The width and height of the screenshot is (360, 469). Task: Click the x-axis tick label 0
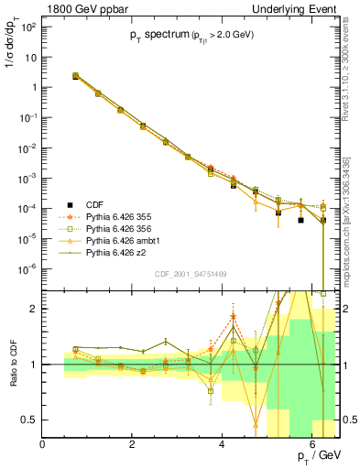coord(43,444)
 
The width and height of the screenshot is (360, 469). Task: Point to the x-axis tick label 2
coord(133,444)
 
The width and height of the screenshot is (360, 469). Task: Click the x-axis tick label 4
coord(223,444)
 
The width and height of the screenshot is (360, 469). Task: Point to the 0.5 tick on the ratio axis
coord(29,420)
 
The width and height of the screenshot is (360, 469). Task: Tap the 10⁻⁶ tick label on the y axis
coord(27,267)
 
